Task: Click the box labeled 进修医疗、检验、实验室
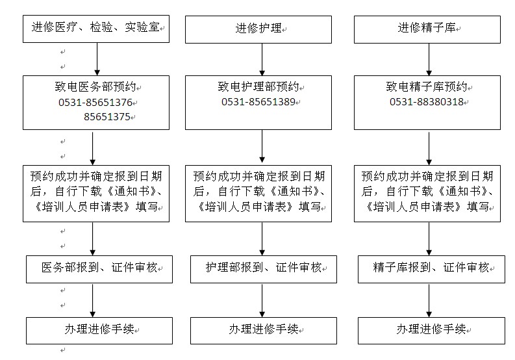[x=96, y=29]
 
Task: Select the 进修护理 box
[x=258, y=29]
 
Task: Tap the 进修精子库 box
[x=427, y=29]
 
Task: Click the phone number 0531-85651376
[x=95, y=103]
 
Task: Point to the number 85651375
[x=107, y=117]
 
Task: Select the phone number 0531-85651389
[x=258, y=102]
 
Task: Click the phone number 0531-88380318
[x=427, y=102]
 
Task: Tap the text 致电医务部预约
[x=95, y=87]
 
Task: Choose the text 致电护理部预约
[x=258, y=87]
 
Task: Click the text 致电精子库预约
[x=427, y=87]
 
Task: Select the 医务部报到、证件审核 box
[x=99, y=269]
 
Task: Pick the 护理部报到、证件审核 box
[x=264, y=269]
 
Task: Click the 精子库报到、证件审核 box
[x=432, y=269]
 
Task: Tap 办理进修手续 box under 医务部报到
[x=99, y=331]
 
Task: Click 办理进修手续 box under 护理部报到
[x=264, y=331]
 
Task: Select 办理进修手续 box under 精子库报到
[x=432, y=331]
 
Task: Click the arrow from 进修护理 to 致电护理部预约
[x=262, y=60]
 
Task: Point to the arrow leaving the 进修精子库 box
[x=429, y=60]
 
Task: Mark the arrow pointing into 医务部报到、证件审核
[x=93, y=238]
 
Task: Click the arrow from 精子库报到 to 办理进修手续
[x=429, y=300]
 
